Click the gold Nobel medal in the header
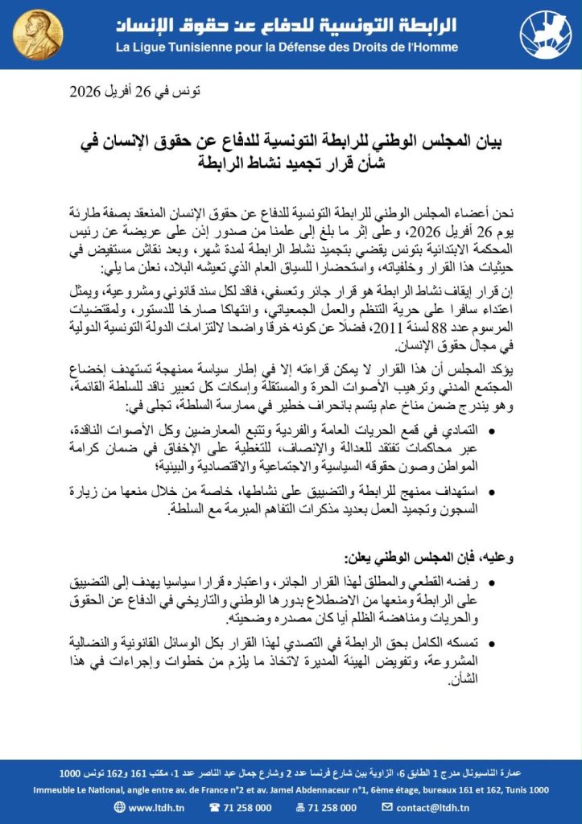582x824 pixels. [36, 34]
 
